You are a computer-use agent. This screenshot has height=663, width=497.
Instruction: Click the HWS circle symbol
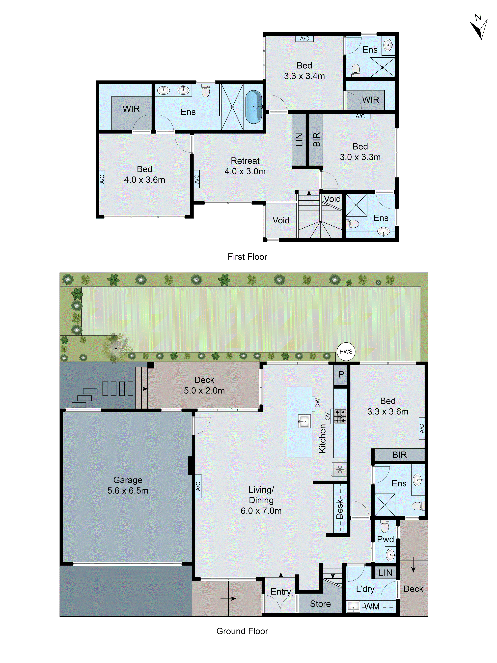[x=346, y=352]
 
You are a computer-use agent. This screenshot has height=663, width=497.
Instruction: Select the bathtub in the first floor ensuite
[x=253, y=107]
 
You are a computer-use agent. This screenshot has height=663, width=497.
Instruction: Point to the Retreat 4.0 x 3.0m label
[x=245, y=166]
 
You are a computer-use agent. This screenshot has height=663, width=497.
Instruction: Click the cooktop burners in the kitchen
[x=340, y=416]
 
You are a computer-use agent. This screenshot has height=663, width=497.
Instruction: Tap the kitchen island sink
[x=304, y=421]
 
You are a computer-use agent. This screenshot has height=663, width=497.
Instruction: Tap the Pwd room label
[x=385, y=539]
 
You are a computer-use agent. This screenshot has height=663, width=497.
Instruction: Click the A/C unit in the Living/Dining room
[x=198, y=486]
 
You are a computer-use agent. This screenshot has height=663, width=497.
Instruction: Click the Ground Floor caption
[x=242, y=631]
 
